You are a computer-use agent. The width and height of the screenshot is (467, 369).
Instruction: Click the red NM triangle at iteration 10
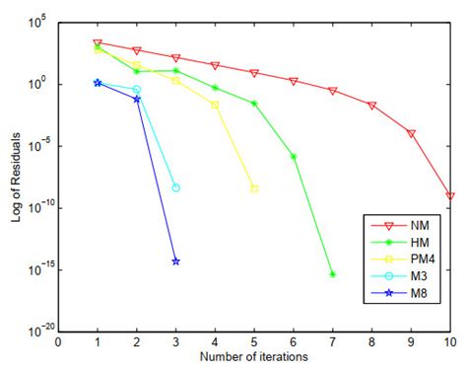[450, 196]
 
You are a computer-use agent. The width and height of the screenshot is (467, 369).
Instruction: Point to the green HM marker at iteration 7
[333, 274]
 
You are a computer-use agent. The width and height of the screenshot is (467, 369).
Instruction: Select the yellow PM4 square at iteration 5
[254, 188]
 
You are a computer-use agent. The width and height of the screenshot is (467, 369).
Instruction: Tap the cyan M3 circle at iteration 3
[175, 187]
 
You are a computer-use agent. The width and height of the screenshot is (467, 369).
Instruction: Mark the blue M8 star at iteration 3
[175, 261]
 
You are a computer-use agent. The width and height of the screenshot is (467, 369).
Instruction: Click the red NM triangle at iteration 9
[411, 133]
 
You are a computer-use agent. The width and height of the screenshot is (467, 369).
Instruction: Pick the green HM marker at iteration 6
[294, 156]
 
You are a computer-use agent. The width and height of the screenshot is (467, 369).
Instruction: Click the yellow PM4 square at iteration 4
[215, 104]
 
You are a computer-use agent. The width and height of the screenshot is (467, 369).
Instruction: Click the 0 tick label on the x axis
[58, 342]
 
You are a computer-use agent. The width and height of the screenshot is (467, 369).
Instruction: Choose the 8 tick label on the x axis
[372, 342]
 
